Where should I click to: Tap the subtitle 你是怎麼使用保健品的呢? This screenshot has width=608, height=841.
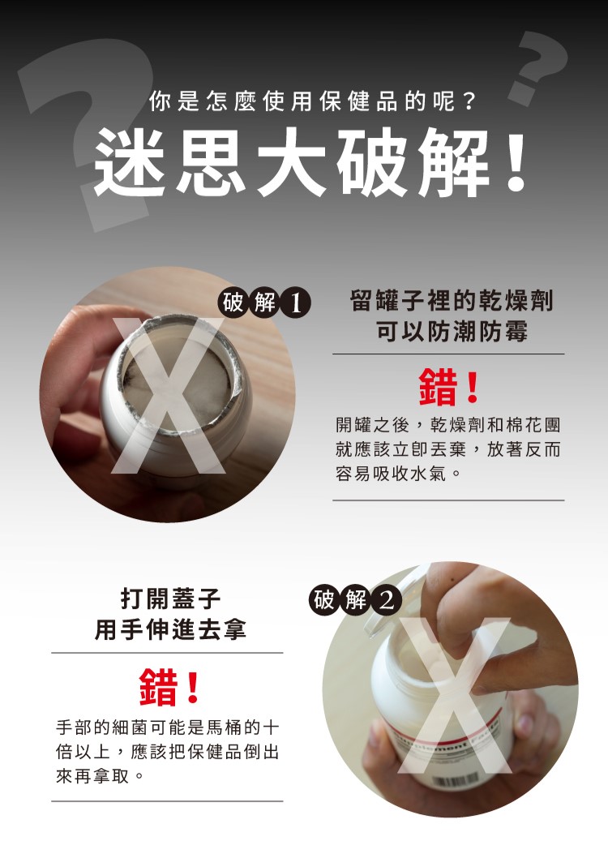tap(313, 101)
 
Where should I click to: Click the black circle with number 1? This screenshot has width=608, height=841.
tap(295, 303)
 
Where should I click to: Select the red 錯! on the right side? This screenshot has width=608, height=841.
tap(448, 387)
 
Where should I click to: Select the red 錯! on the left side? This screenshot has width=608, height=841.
tap(169, 686)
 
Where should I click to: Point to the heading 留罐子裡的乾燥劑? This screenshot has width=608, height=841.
tap(451, 300)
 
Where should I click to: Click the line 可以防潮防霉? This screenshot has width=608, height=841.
tap(452, 331)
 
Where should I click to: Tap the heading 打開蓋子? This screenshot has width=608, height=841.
tap(170, 599)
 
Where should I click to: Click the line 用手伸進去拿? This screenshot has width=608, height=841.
tap(170, 629)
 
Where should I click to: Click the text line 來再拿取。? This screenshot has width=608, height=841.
tap(101, 775)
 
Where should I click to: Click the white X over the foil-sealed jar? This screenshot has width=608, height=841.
tap(169, 396)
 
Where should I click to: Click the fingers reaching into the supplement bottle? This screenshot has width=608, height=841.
tap(472, 617)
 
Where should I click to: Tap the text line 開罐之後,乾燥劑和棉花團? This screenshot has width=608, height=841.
tap(448, 425)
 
